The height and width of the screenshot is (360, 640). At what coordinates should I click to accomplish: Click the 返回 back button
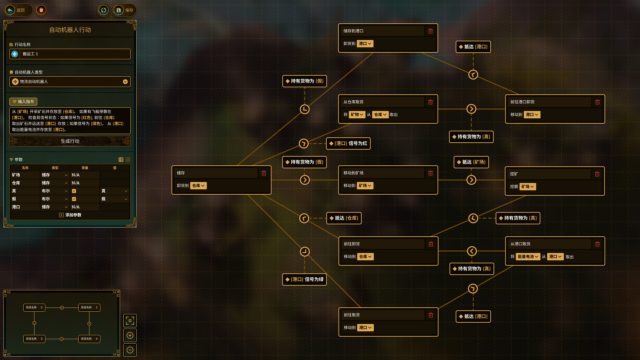coord(17,10)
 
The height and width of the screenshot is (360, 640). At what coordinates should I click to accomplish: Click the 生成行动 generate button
coord(70,141)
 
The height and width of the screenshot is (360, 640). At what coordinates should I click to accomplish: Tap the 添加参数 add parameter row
coord(70,215)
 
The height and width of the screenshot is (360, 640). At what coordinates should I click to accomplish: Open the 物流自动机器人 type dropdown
coord(70,82)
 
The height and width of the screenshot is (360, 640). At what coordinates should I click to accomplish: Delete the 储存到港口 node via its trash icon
coord(430,31)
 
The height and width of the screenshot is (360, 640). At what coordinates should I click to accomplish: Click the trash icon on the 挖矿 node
coord(597,174)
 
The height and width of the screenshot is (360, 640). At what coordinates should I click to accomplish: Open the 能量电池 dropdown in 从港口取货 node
coord(528,257)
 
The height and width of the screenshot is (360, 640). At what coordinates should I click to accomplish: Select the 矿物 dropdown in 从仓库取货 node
coord(357,115)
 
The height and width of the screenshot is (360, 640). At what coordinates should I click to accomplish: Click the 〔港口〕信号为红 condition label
coord(348,144)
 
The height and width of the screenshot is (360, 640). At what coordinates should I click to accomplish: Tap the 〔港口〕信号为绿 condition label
coord(304,279)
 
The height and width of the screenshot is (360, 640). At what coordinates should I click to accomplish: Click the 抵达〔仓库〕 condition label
coord(344,218)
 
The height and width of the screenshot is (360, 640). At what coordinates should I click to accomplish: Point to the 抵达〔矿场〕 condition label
coord(471,162)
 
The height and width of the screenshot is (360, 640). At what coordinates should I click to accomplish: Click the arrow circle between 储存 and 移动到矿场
coord(305,180)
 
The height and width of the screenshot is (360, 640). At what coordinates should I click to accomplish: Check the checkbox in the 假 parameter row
coord(74,199)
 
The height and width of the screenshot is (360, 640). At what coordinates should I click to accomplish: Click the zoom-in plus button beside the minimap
coord(130,335)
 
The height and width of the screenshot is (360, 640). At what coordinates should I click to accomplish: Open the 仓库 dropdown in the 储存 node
coord(198,186)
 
